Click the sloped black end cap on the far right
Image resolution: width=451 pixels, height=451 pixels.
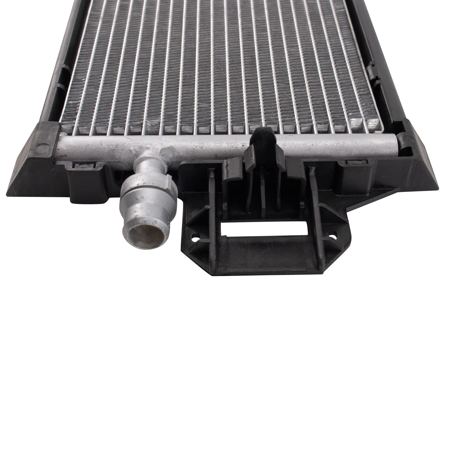[x=417, y=161]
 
